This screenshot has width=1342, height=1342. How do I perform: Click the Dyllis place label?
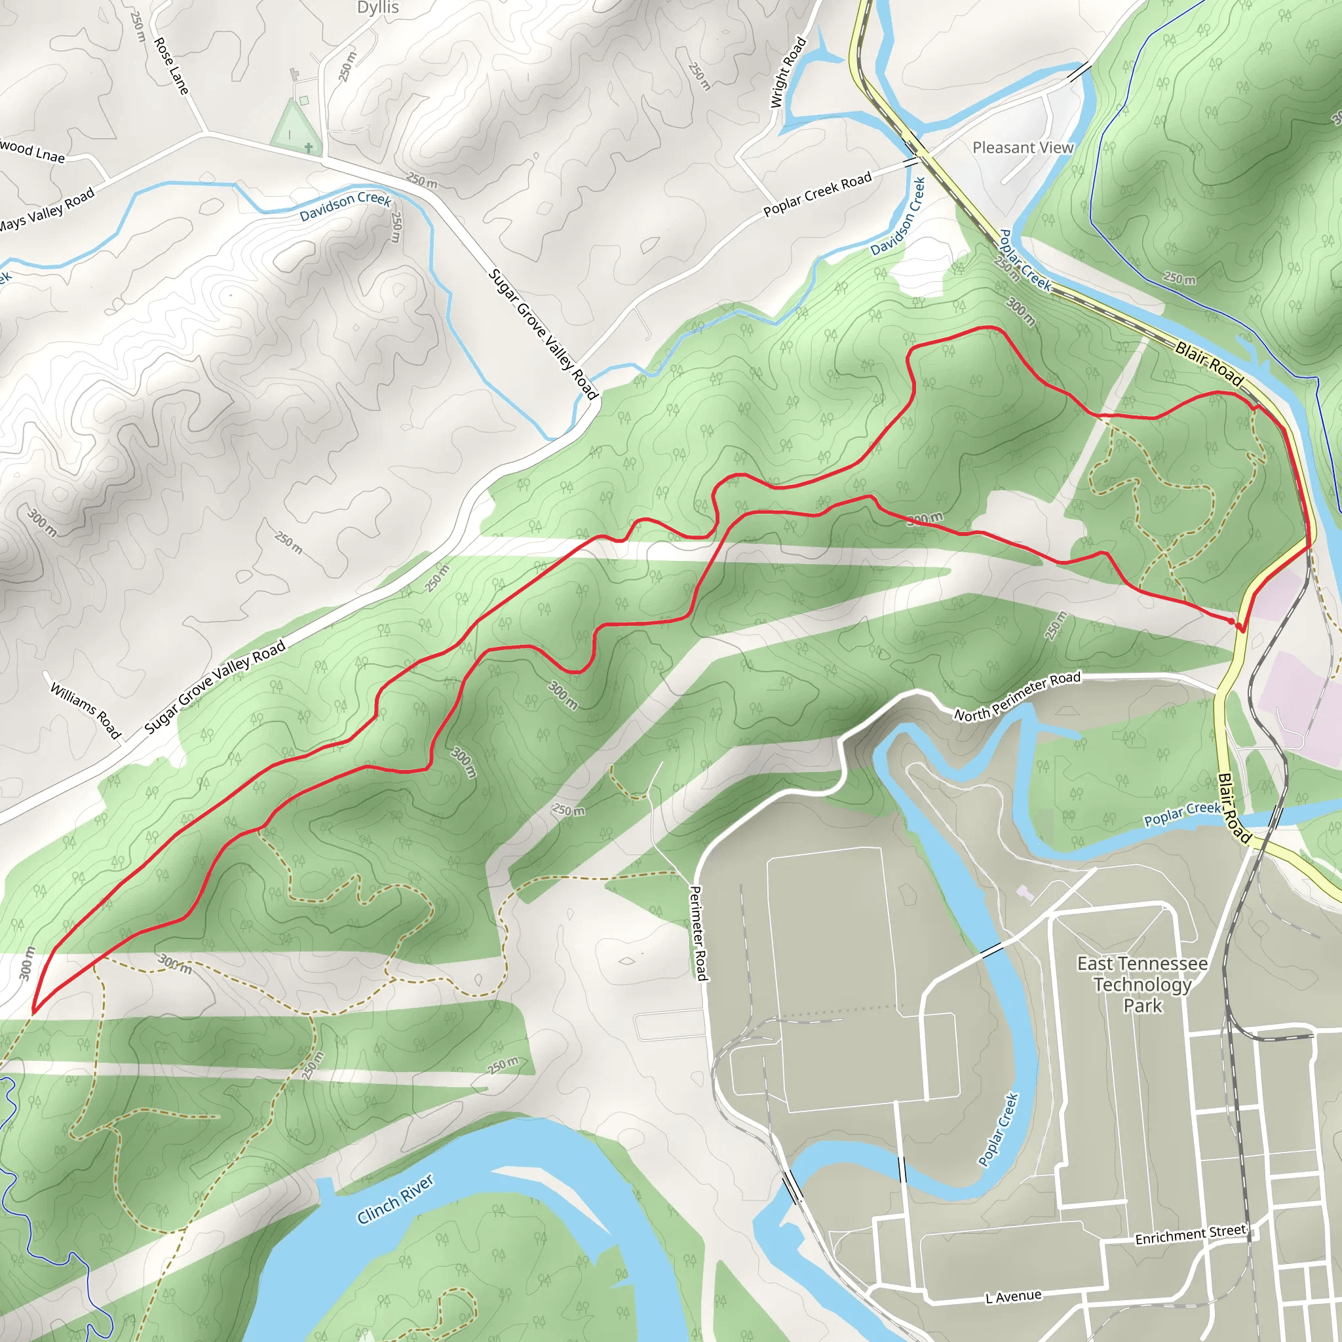(x=378, y=9)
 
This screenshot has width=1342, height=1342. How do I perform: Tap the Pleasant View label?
(x=1022, y=148)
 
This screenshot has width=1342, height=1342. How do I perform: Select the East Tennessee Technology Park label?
(x=1142, y=984)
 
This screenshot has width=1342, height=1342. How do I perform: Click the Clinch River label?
(x=395, y=1200)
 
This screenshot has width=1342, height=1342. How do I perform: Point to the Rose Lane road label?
(x=171, y=66)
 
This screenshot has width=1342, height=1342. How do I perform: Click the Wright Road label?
(x=788, y=72)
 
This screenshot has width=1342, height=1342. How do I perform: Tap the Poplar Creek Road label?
(x=817, y=195)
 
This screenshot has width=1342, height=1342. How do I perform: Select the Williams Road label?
(x=86, y=710)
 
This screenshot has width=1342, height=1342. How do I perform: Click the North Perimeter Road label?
(x=1017, y=696)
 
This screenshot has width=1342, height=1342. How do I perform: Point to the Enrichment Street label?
(x=1191, y=1235)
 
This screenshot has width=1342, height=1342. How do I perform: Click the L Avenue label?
(x=1014, y=1296)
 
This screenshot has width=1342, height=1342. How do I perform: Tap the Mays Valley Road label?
(x=46, y=210)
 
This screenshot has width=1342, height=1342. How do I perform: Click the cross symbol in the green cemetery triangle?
(x=309, y=147)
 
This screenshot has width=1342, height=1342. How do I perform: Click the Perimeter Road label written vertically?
(x=698, y=933)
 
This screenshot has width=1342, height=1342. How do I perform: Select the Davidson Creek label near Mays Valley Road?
(x=345, y=206)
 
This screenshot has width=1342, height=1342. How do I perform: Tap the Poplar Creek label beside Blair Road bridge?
(x=1182, y=813)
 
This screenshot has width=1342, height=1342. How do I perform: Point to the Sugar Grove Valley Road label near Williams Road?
(x=216, y=686)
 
